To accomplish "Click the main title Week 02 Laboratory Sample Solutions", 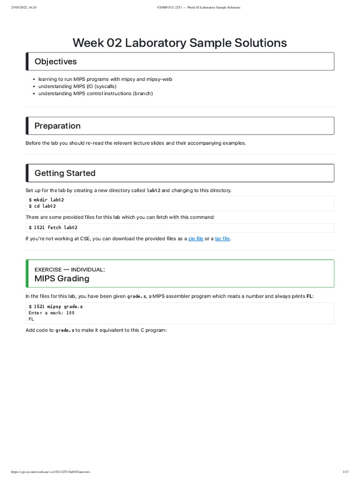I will (x=180, y=43).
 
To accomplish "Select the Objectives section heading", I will (x=55, y=61).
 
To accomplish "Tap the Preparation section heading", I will (x=57, y=126).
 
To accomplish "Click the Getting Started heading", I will (x=65, y=173).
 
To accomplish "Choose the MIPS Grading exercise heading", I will (x=62, y=279).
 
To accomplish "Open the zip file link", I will (x=195, y=239).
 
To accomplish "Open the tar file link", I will (x=222, y=239).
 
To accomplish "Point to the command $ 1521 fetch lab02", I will (x=53, y=228).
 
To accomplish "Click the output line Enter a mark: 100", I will (x=52, y=313).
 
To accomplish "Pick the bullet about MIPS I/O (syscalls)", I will (x=77, y=87).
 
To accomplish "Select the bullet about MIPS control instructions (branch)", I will (x=96, y=93).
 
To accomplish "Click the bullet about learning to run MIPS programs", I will (x=105, y=80).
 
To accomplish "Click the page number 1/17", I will (x=345, y=472).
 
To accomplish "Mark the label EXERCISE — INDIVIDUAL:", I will (x=69, y=270).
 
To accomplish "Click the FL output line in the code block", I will (x=31, y=319).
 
